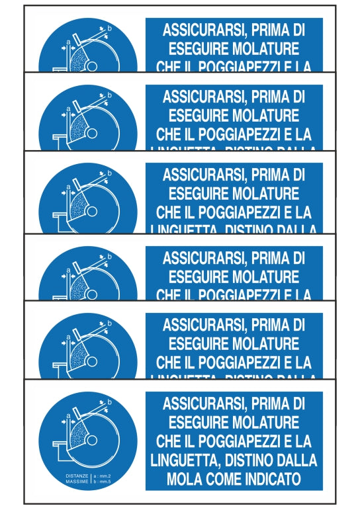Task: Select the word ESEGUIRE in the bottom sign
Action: coord(198,421)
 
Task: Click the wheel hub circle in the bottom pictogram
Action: coord(92,439)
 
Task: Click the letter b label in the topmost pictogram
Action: coord(110,28)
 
